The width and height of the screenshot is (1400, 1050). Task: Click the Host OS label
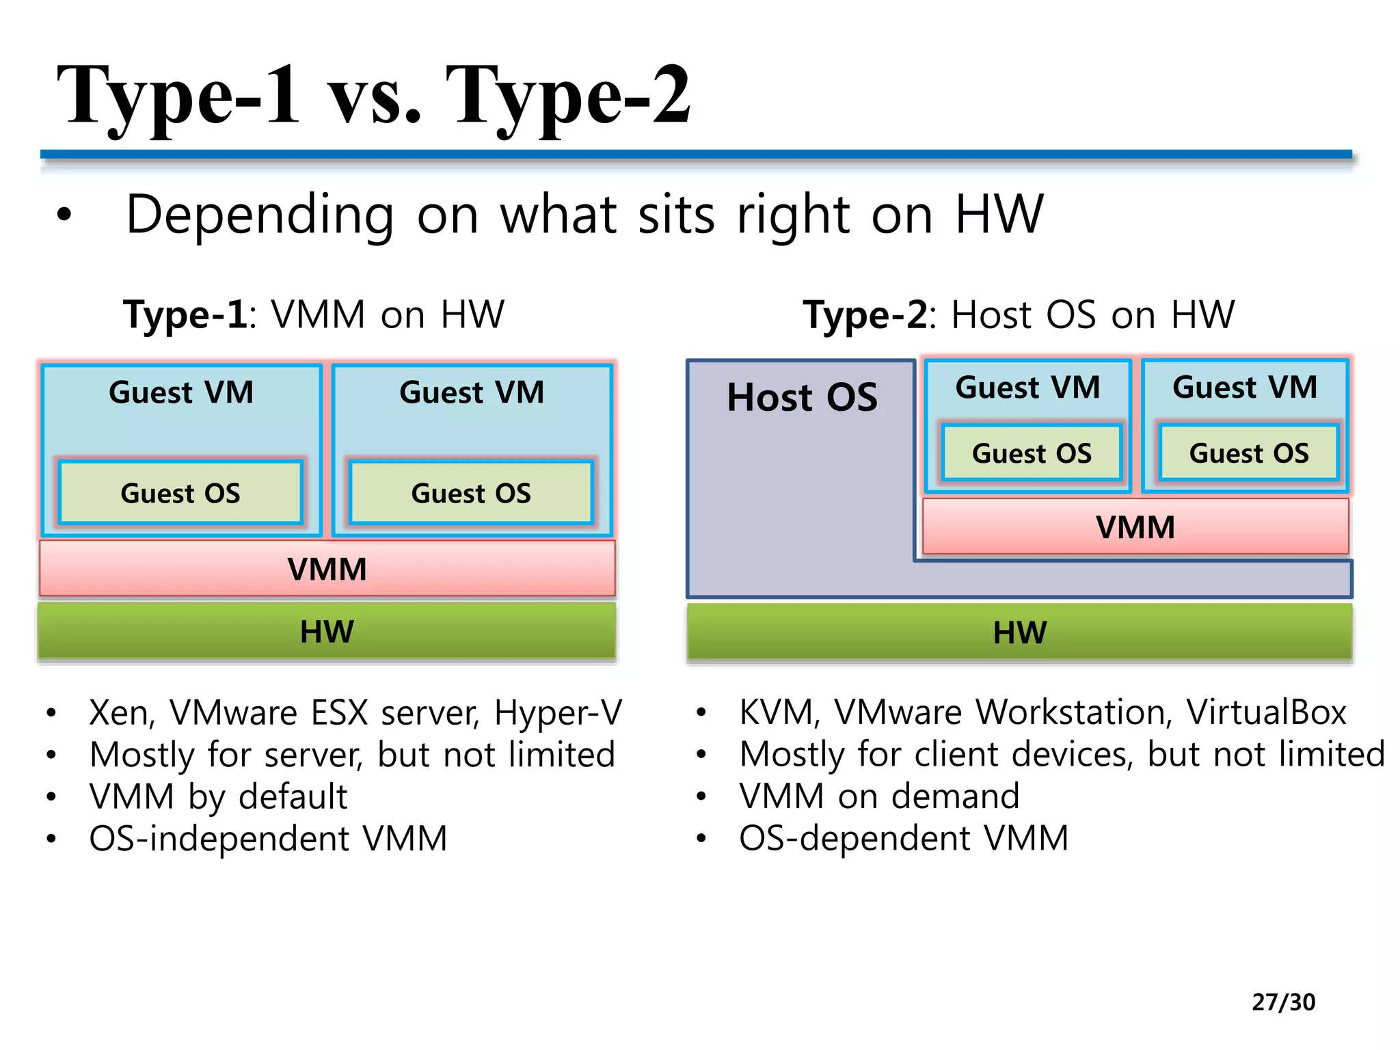click(802, 397)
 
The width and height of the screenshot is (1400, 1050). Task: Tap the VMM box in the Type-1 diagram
click(327, 569)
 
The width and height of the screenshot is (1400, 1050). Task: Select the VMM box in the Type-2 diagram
click(1135, 527)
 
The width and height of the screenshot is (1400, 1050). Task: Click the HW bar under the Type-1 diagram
click(327, 631)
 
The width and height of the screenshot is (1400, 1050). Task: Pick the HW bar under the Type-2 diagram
click(1019, 632)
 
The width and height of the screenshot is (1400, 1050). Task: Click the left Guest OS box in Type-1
click(180, 493)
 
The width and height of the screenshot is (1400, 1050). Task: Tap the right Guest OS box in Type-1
click(471, 493)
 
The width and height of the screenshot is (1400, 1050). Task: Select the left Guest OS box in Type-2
click(1032, 453)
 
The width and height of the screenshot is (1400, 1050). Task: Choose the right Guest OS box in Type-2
click(1249, 453)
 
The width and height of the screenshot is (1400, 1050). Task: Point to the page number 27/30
click(1283, 1001)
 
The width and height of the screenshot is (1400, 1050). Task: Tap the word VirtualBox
click(1266, 712)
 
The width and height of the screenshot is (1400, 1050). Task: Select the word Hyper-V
click(558, 712)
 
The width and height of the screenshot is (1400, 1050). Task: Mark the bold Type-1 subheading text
click(185, 315)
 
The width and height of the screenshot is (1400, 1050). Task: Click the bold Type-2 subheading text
click(865, 315)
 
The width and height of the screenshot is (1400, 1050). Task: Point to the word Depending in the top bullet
click(260, 215)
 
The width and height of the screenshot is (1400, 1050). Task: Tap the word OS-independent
click(219, 839)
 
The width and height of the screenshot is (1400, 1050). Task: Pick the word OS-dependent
click(854, 838)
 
